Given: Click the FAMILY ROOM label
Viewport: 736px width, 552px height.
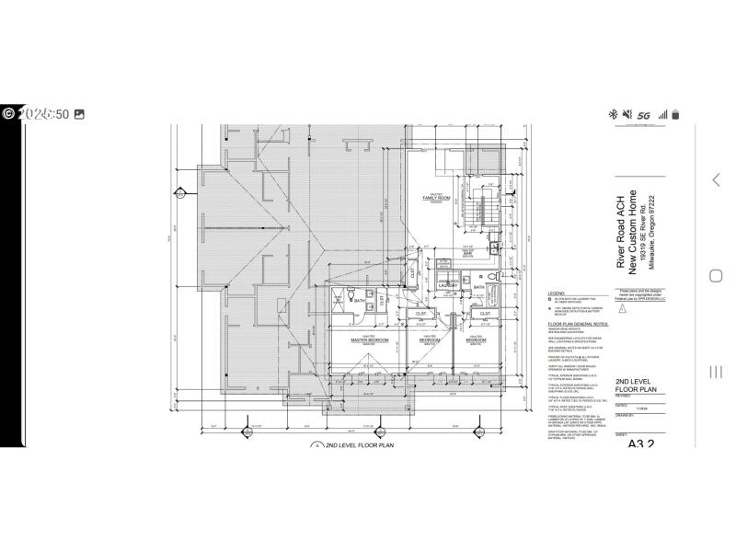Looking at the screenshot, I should (435, 198).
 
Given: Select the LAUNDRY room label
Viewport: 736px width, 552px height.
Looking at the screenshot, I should (448, 286).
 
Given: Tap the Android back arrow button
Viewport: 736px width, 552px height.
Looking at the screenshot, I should (715, 179).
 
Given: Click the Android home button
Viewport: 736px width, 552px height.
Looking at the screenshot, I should (715, 276).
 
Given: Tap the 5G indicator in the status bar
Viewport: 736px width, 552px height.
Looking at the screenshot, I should (643, 115).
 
